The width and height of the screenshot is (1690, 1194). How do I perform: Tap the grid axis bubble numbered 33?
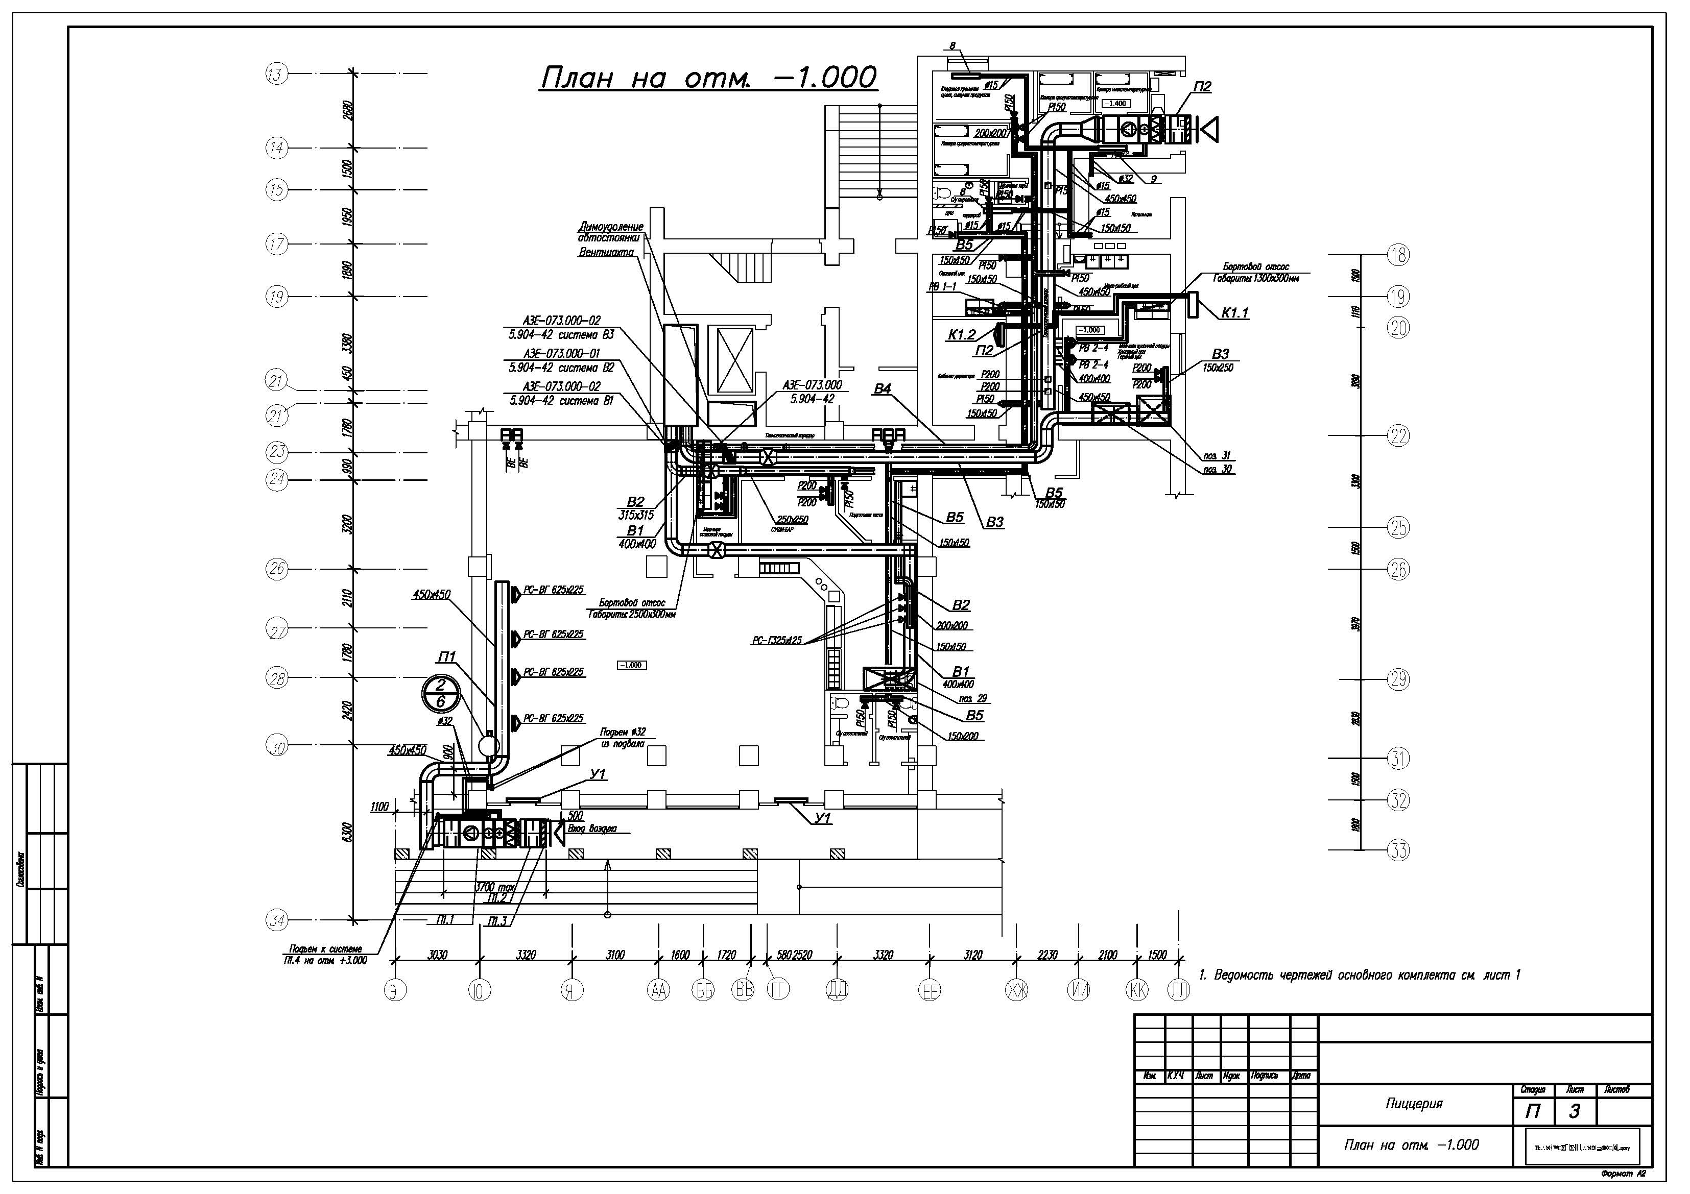click(x=1398, y=850)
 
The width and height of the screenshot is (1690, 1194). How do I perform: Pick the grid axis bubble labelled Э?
click(x=396, y=991)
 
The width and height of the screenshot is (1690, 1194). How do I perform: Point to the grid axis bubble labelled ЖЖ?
click(x=1016, y=991)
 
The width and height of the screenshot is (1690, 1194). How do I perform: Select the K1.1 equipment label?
click(x=1235, y=312)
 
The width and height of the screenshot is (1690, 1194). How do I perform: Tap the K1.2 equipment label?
click(x=961, y=335)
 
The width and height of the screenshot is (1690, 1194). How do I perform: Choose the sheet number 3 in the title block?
click(x=1575, y=1111)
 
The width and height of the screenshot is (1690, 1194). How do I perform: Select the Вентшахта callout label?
click(x=606, y=252)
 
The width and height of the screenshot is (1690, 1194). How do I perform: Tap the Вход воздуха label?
click(x=592, y=829)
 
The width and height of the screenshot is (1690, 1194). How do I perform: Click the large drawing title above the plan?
click(x=708, y=77)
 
